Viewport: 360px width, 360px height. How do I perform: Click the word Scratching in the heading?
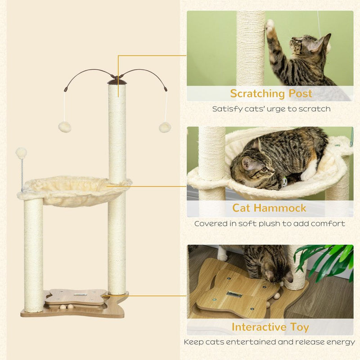(253, 94)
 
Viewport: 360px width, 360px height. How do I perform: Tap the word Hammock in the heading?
(284, 208)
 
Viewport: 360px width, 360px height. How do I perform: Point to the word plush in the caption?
(281, 224)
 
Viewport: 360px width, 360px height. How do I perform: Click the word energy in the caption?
(340, 342)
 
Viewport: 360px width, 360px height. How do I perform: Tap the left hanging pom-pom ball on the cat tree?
(65, 127)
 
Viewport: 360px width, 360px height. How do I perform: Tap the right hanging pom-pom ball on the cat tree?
(165, 127)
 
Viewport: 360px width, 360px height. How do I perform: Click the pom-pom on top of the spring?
(21, 153)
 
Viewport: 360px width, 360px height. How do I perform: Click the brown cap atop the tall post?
(117, 81)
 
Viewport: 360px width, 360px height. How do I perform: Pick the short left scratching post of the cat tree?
(34, 254)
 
